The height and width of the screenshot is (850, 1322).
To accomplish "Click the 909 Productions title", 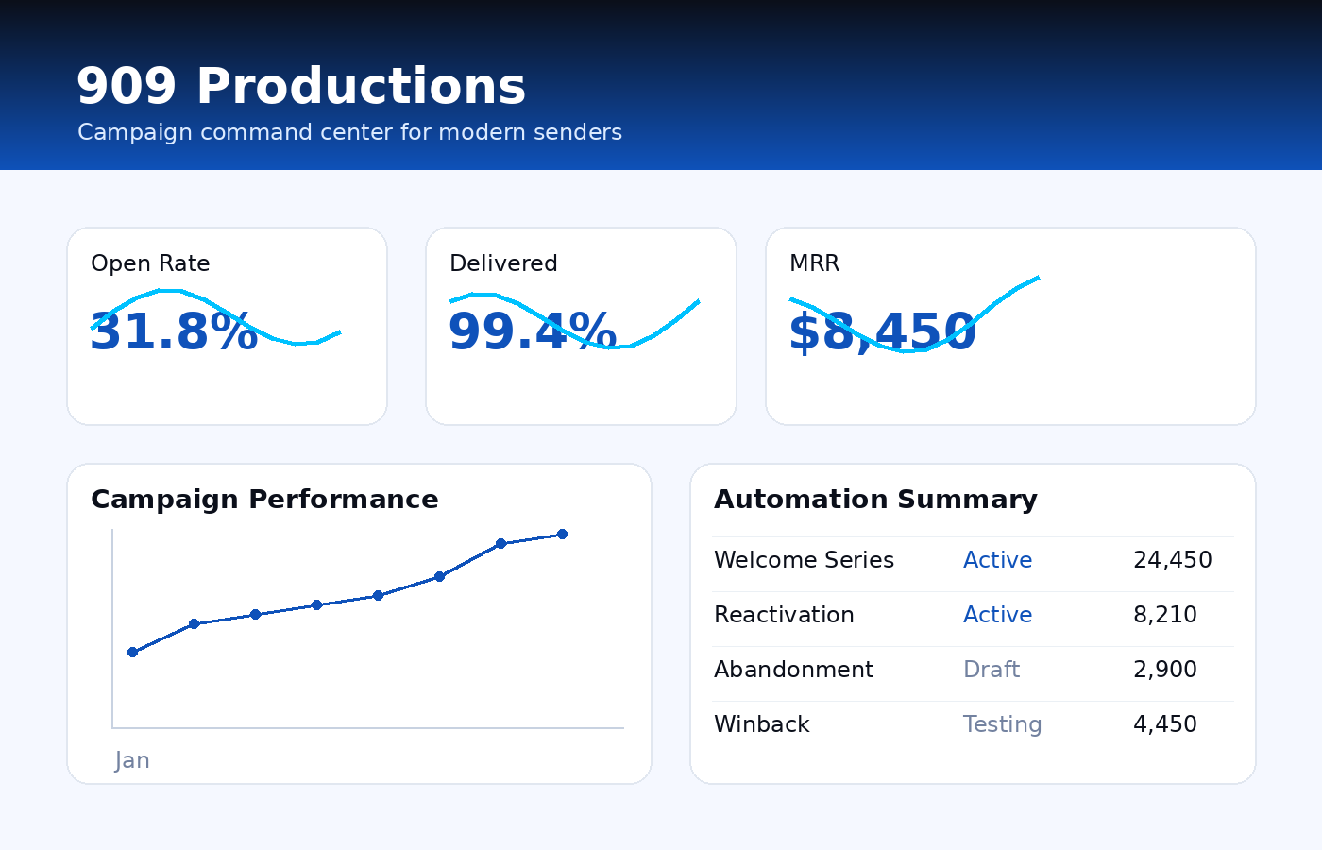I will pyautogui.click(x=300, y=87).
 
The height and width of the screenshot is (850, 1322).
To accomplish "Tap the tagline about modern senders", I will pyautogui.click(x=349, y=132).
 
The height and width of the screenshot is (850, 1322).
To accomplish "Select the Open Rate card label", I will pyautogui.click(x=150, y=263).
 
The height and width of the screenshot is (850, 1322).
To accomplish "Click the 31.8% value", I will pyautogui.click(x=174, y=332).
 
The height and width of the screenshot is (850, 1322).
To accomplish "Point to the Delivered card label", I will pyautogui.click(x=503, y=263).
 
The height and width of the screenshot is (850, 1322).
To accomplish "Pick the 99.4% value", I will pyautogui.click(x=533, y=332).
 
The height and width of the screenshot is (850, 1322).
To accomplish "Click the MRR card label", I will pyautogui.click(x=814, y=263).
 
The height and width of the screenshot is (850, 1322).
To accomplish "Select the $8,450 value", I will pyautogui.click(x=882, y=332).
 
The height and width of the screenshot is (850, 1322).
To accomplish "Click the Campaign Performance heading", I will pyautogui.click(x=264, y=500).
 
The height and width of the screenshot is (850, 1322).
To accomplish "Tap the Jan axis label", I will pyautogui.click(x=132, y=760).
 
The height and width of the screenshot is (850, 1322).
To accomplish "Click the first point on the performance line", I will pyautogui.click(x=132, y=652).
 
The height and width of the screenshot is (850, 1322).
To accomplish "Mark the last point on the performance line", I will pyautogui.click(x=562, y=535).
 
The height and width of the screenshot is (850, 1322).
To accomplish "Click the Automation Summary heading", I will pyautogui.click(x=875, y=500).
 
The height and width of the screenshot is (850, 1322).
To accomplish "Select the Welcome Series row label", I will pyautogui.click(x=804, y=560).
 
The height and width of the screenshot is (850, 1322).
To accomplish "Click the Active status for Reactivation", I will pyautogui.click(x=997, y=615).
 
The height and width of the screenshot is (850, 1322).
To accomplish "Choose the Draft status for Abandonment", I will pyautogui.click(x=991, y=670).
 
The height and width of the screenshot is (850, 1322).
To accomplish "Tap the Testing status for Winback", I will pyautogui.click(x=1002, y=724).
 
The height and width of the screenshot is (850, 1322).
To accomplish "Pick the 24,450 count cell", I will pyautogui.click(x=1172, y=560).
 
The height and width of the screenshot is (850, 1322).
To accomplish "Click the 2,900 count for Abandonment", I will pyautogui.click(x=1164, y=670).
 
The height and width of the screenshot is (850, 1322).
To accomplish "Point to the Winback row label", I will pyautogui.click(x=761, y=724).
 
